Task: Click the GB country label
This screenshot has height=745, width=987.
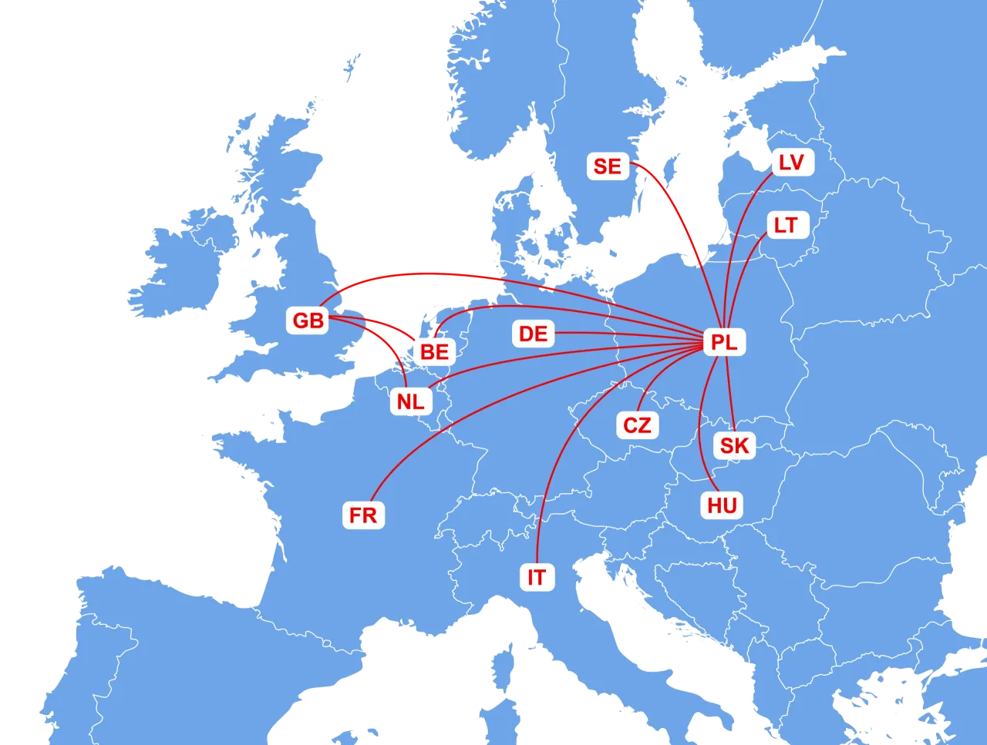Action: click(x=308, y=320)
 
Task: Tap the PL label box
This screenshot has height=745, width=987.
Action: click(x=724, y=342)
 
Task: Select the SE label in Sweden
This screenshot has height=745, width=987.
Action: click(x=608, y=166)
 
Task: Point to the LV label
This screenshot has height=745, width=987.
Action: click(x=791, y=163)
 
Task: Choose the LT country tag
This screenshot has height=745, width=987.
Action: click(x=786, y=226)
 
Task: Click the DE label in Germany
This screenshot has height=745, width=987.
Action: click(x=533, y=334)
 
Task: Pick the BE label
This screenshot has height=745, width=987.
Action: click(x=434, y=352)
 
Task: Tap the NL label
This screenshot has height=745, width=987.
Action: click(x=410, y=401)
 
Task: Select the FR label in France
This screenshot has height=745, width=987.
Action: click(x=363, y=515)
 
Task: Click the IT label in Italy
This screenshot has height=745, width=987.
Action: click(x=537, y=577)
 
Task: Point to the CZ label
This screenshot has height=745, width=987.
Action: click(x=637, y=425)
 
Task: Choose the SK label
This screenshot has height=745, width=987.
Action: click(x=734, y=445)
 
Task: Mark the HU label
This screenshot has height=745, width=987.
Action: click(x=723, y=505)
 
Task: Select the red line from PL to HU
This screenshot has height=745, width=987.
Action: click(x=700, y=431)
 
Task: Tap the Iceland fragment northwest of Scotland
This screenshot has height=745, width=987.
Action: click(x=352, y=65)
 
